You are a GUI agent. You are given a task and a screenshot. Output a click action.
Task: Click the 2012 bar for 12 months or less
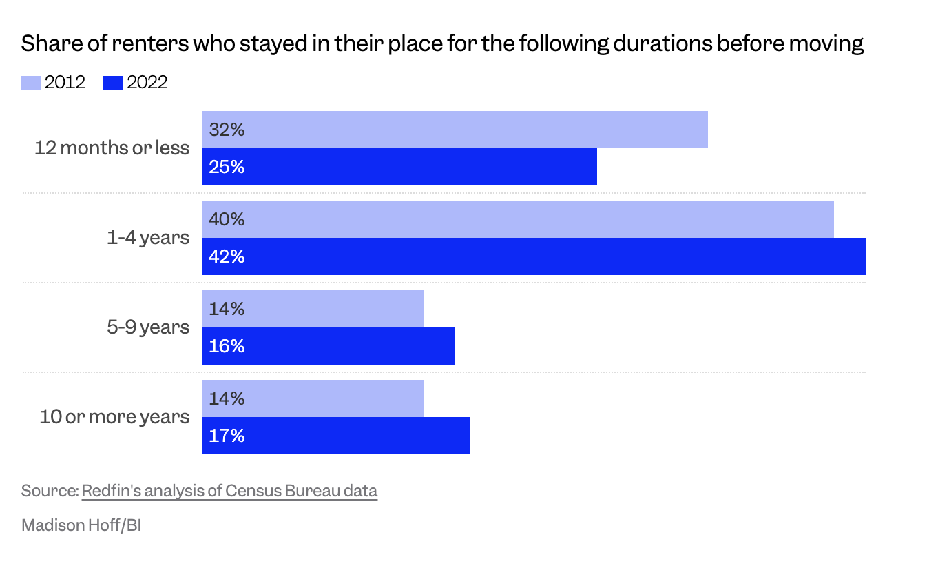click(455, 130)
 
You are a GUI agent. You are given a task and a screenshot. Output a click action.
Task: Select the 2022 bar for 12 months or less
click(399, 167)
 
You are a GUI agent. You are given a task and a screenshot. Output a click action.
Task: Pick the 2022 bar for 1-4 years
click(534, 256)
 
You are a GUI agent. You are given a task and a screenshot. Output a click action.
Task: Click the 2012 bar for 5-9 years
click(313, 309)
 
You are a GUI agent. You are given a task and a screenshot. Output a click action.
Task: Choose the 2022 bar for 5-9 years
click(329, 346)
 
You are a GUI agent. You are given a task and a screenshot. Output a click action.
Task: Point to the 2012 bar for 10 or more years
click(313, 398)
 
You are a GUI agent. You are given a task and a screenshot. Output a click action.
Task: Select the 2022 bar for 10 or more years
click(336, 436)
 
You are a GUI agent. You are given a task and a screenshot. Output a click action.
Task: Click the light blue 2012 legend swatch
click(31, 83)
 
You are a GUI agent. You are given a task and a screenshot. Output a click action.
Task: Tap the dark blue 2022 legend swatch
click(113, 83)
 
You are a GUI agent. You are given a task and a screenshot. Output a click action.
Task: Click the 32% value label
click(227, 130)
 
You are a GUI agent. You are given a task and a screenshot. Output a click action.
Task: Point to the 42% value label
click(227, 256)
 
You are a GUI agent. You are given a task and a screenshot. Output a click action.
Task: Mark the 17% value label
click(227, 436)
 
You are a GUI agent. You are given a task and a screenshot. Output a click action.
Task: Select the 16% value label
click(227, 346)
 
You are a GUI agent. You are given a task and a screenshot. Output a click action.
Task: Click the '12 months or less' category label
click(112, 148)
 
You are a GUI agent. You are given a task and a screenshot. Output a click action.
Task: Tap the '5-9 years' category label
click(148, 327)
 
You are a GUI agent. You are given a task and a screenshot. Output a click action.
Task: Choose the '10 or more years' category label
click(114, 416)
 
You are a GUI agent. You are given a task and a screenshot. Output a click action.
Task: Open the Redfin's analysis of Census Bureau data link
click(229, 491)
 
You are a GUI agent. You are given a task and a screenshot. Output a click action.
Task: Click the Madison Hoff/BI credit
click(81, 525)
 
